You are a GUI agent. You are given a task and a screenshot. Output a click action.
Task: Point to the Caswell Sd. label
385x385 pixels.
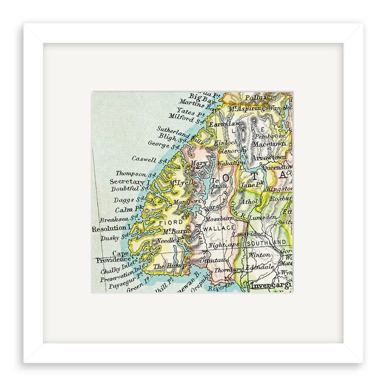[x=147, y=158]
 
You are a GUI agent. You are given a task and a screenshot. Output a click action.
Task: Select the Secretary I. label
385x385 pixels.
[x=129, y=182]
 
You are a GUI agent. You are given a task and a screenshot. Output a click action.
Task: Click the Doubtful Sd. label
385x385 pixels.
[x=130, y=189]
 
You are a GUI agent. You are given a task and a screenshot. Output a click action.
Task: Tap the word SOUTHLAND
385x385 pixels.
[x=267, y=243]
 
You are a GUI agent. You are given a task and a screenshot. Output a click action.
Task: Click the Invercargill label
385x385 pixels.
[x=271, y=286]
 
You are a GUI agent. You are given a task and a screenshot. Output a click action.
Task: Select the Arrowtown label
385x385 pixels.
[x=274, y=157]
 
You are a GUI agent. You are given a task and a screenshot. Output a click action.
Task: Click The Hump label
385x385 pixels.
[x=170, y=266]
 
